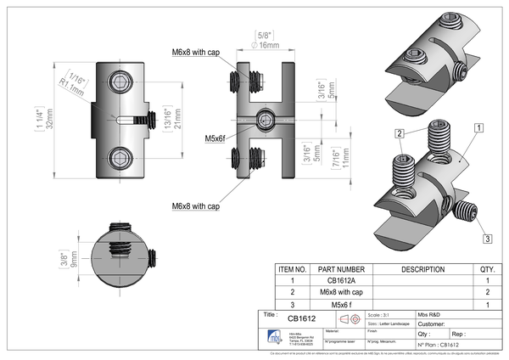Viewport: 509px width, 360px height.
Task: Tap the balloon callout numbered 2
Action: (x=398, y=133)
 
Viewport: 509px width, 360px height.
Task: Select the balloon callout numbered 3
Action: (x=487, y=238)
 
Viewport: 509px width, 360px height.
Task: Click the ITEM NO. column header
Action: (x=291, y=268)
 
